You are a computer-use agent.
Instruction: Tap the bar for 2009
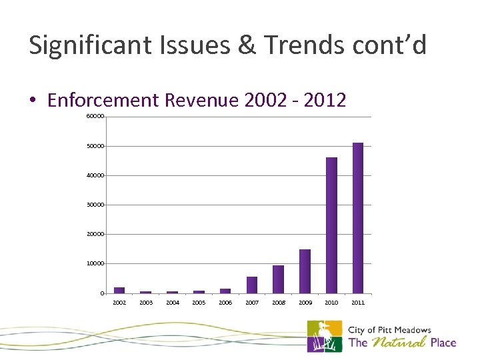coord(305,271)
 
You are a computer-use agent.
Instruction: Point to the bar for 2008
coord(278,279)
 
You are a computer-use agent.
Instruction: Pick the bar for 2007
coord(252,285)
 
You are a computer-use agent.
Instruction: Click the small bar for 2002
coord(119,290)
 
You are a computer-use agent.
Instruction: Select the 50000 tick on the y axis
coord(95,146)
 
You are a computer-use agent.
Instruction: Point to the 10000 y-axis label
coord(95,264)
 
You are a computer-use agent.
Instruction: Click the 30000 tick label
coord(95,205)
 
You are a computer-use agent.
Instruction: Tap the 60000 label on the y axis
coord(95,117)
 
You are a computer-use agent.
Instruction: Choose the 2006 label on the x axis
coord(225,303)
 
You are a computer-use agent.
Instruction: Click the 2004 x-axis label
coord(173,303)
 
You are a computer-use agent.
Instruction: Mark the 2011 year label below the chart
coord(358,303)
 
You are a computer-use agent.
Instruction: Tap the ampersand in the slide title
coord(245,45)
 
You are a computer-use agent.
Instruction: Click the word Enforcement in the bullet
coord(103,100)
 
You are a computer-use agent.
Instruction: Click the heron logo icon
coord(325,336)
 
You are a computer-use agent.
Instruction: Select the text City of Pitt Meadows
coord(390,330)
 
